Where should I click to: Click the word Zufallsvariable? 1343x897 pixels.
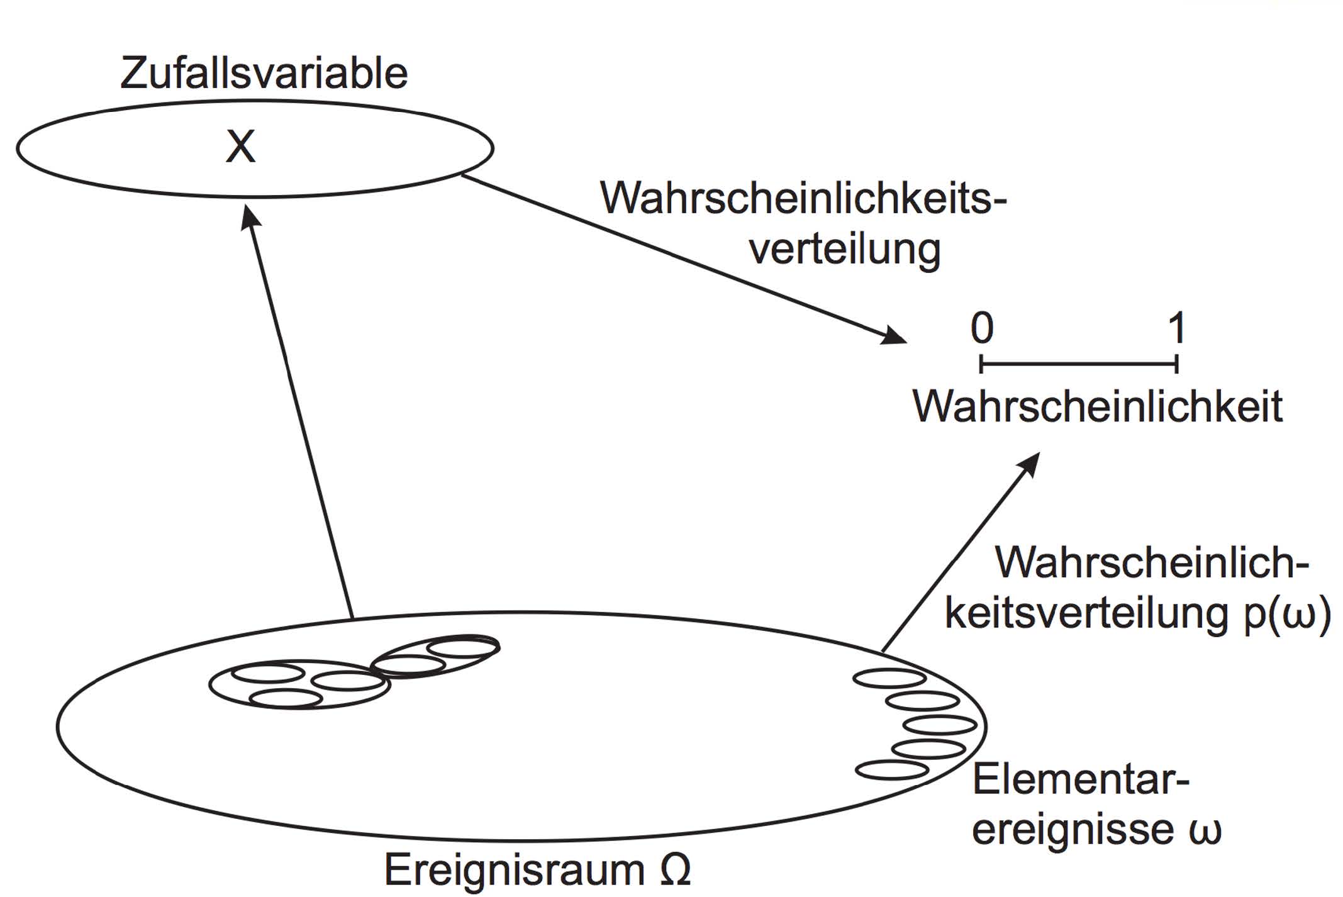[264, 74]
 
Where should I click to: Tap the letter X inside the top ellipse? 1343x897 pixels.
[240, 147]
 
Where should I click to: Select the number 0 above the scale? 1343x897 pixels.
[982, 328]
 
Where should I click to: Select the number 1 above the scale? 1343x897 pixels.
[1177, 328]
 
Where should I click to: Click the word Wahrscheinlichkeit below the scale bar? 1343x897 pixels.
[1097, 407]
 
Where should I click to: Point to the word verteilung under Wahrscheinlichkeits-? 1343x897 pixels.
[845, 250]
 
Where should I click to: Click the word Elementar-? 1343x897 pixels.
[1081, 780]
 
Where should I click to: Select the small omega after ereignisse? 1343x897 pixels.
[1205, 830]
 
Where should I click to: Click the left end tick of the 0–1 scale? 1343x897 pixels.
[981, 364]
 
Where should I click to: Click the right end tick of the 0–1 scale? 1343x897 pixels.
[1176, 364]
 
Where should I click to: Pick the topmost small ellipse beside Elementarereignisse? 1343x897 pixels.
[889, 678]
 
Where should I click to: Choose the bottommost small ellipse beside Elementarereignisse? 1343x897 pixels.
[892, 770]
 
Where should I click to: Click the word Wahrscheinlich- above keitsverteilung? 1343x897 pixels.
[1152, 562]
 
